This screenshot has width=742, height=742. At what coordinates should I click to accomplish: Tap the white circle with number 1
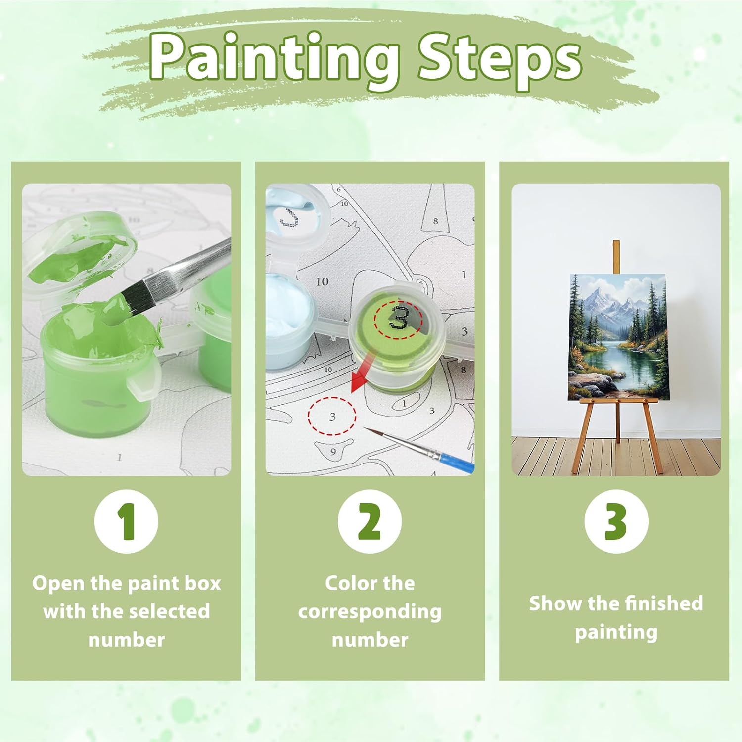(127, 521)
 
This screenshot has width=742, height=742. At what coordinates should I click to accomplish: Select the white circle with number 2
(370, 521)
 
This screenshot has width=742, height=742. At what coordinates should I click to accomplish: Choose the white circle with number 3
(616, 521)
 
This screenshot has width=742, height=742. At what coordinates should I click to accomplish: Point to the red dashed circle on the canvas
(332, 416)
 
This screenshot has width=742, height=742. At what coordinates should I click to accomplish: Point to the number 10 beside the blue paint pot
(322, 281)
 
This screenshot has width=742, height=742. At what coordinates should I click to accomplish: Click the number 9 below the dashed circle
(333, 451)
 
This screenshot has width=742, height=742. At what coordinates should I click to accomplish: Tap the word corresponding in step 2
(370, 611)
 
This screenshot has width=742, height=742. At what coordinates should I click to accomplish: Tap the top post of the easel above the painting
(616, 257)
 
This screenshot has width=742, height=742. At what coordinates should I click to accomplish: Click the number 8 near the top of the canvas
(435, 221)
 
